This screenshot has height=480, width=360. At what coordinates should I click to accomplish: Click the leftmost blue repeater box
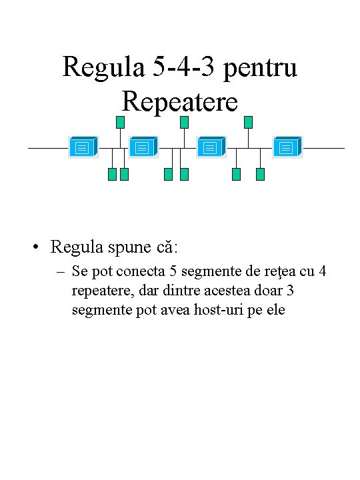click(x=83, y=147)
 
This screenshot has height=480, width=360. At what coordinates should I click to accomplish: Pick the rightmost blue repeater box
click(x=287, y=147)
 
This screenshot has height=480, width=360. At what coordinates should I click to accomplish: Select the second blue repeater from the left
click(x=142, y=147)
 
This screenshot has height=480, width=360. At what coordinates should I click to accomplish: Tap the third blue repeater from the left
click(x=211, y=147)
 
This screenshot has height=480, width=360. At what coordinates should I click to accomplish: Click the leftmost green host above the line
click(x=120, y=122)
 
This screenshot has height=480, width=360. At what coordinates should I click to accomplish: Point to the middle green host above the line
click(x=184, y=122)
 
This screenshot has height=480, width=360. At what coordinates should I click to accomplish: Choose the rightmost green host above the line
click(x=248, y=122)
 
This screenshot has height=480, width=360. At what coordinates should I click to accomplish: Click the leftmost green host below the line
click(x=112, y=175)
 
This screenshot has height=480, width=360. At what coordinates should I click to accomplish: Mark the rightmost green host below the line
click(x=260, y=175)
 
